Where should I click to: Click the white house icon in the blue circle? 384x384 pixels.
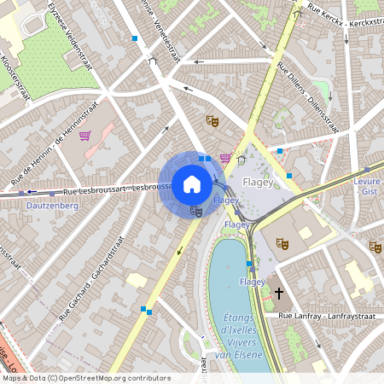click(x=192, y=184)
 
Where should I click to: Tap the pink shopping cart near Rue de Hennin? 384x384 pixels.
click(x=84, y=136)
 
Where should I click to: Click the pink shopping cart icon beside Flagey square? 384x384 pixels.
click(x=224, y=158)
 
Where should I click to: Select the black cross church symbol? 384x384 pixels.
click(x=278, y=294)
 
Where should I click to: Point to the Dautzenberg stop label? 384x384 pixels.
click(x=52, y=206)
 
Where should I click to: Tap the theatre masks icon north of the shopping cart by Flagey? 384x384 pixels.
click(x=212, y=121)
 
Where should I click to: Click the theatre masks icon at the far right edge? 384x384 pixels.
click(x=375, y=247)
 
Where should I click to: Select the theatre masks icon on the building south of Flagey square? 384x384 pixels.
click(x=282, y=244)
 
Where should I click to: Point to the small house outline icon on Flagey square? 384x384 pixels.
click(x=241, y=159)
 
